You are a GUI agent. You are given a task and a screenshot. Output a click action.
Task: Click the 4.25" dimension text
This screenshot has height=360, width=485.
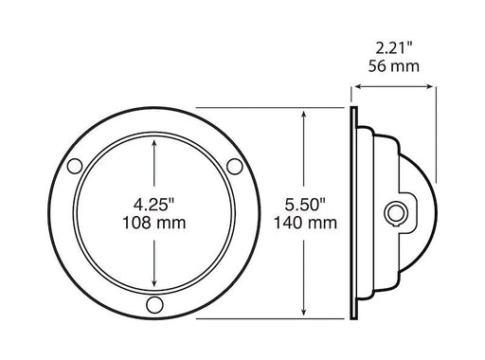coord(153,204)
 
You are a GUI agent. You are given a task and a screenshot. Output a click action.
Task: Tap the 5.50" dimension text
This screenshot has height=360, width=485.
coord(303,204)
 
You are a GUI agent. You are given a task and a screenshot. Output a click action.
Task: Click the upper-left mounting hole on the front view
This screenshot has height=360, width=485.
coord(73,167)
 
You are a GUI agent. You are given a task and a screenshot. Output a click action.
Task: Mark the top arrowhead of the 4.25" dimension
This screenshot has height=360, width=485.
coord(153,143)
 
